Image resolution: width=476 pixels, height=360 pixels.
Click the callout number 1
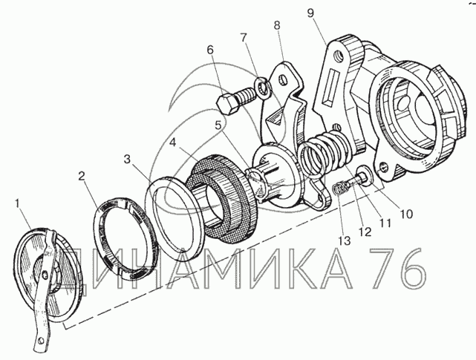coord(18,203)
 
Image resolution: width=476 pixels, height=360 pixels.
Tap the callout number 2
coord(81,177)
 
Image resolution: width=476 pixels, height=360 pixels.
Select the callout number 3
coord(128,160)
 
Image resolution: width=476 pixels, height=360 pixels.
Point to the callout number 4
coord(172,143)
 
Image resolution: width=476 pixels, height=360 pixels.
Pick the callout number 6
coord(210,50)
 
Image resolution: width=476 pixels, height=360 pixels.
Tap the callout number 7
coord(244,38)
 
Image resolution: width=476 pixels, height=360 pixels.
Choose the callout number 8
coord(277,25)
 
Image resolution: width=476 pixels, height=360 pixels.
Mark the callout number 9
coord(310,13)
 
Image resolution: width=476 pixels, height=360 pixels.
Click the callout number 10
coord(406,214)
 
